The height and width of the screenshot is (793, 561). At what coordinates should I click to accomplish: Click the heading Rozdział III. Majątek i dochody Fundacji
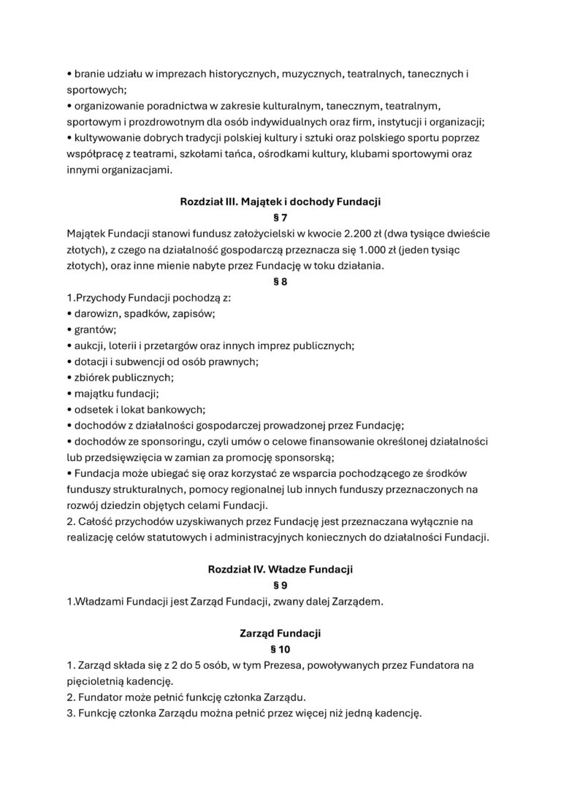pos(280,200)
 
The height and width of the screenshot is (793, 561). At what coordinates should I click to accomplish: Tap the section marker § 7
pos(280,217)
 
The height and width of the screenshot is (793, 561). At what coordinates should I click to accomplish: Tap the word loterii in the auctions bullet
pos(126,345)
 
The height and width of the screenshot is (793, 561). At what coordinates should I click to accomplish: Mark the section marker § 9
pos(280,585)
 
